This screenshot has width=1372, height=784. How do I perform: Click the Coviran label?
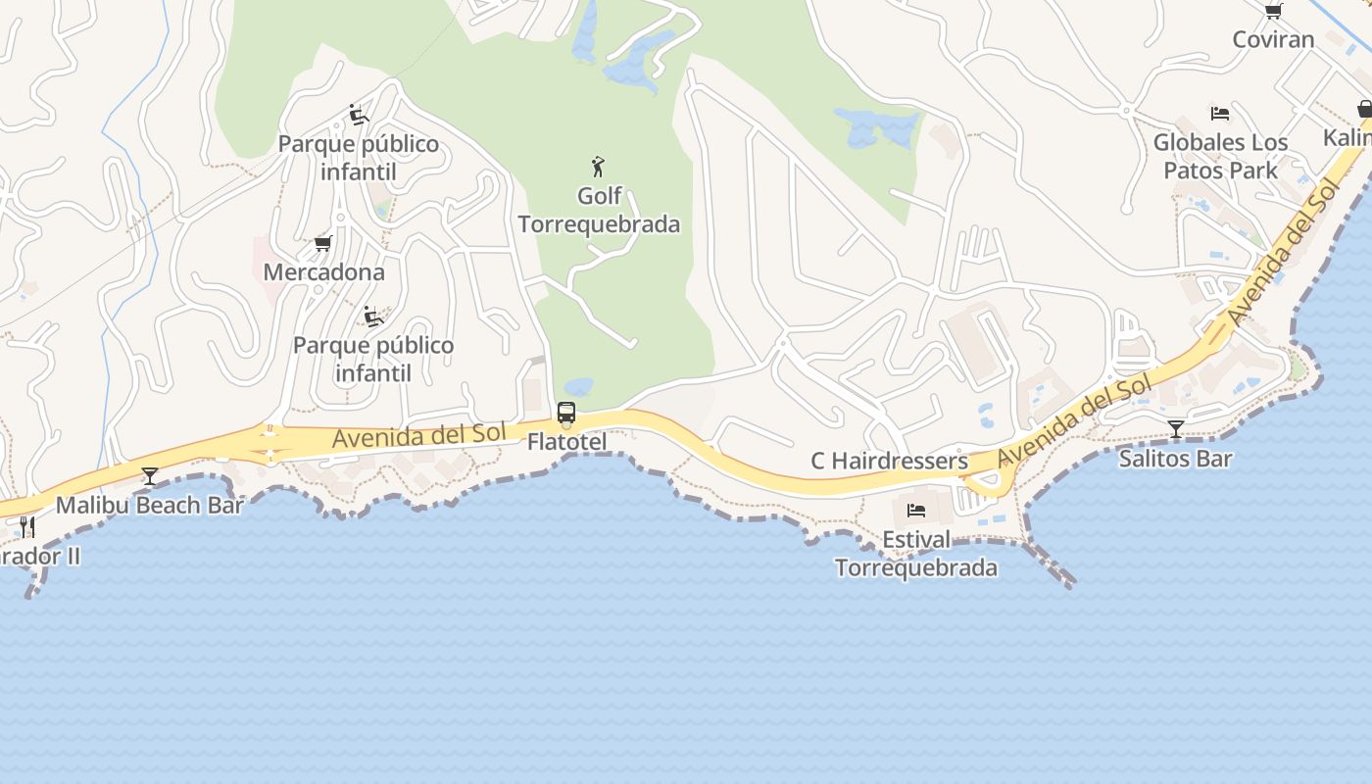tap(1273, 39)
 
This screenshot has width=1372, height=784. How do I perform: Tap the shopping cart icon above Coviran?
tap(1273, 11)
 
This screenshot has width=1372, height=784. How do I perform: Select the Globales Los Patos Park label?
tap(1220, 156)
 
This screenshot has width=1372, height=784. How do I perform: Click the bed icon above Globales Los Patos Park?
tap(1220, 114)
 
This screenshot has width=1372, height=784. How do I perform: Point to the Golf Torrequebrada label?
tap(599, 210)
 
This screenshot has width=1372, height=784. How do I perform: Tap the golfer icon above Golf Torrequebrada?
tap(598, 167)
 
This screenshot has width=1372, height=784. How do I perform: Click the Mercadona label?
tap(323, 271)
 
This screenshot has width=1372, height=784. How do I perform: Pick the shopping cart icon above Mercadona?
tap(322, 243)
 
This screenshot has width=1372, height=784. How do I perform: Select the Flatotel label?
tap(566, 442)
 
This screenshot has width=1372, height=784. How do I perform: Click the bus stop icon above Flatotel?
tap(566, 413)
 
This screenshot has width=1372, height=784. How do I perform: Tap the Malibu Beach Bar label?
tap(149, 506)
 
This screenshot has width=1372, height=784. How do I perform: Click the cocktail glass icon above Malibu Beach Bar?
tap(149, 476)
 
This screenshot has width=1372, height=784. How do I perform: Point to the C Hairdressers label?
tap(889, 461)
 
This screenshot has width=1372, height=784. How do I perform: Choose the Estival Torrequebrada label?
tap(916, 554)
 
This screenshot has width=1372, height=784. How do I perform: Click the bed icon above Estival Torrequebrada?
tap(916, 511)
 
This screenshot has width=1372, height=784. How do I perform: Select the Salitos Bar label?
tap(1175, 458)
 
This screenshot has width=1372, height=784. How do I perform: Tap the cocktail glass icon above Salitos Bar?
tap(1175, 428)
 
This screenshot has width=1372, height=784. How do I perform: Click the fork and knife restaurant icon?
tap(27, 527)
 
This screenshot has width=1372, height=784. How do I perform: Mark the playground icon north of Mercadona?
tap(359, 116)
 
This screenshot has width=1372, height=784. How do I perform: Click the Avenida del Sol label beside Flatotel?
tap(419, 435)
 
